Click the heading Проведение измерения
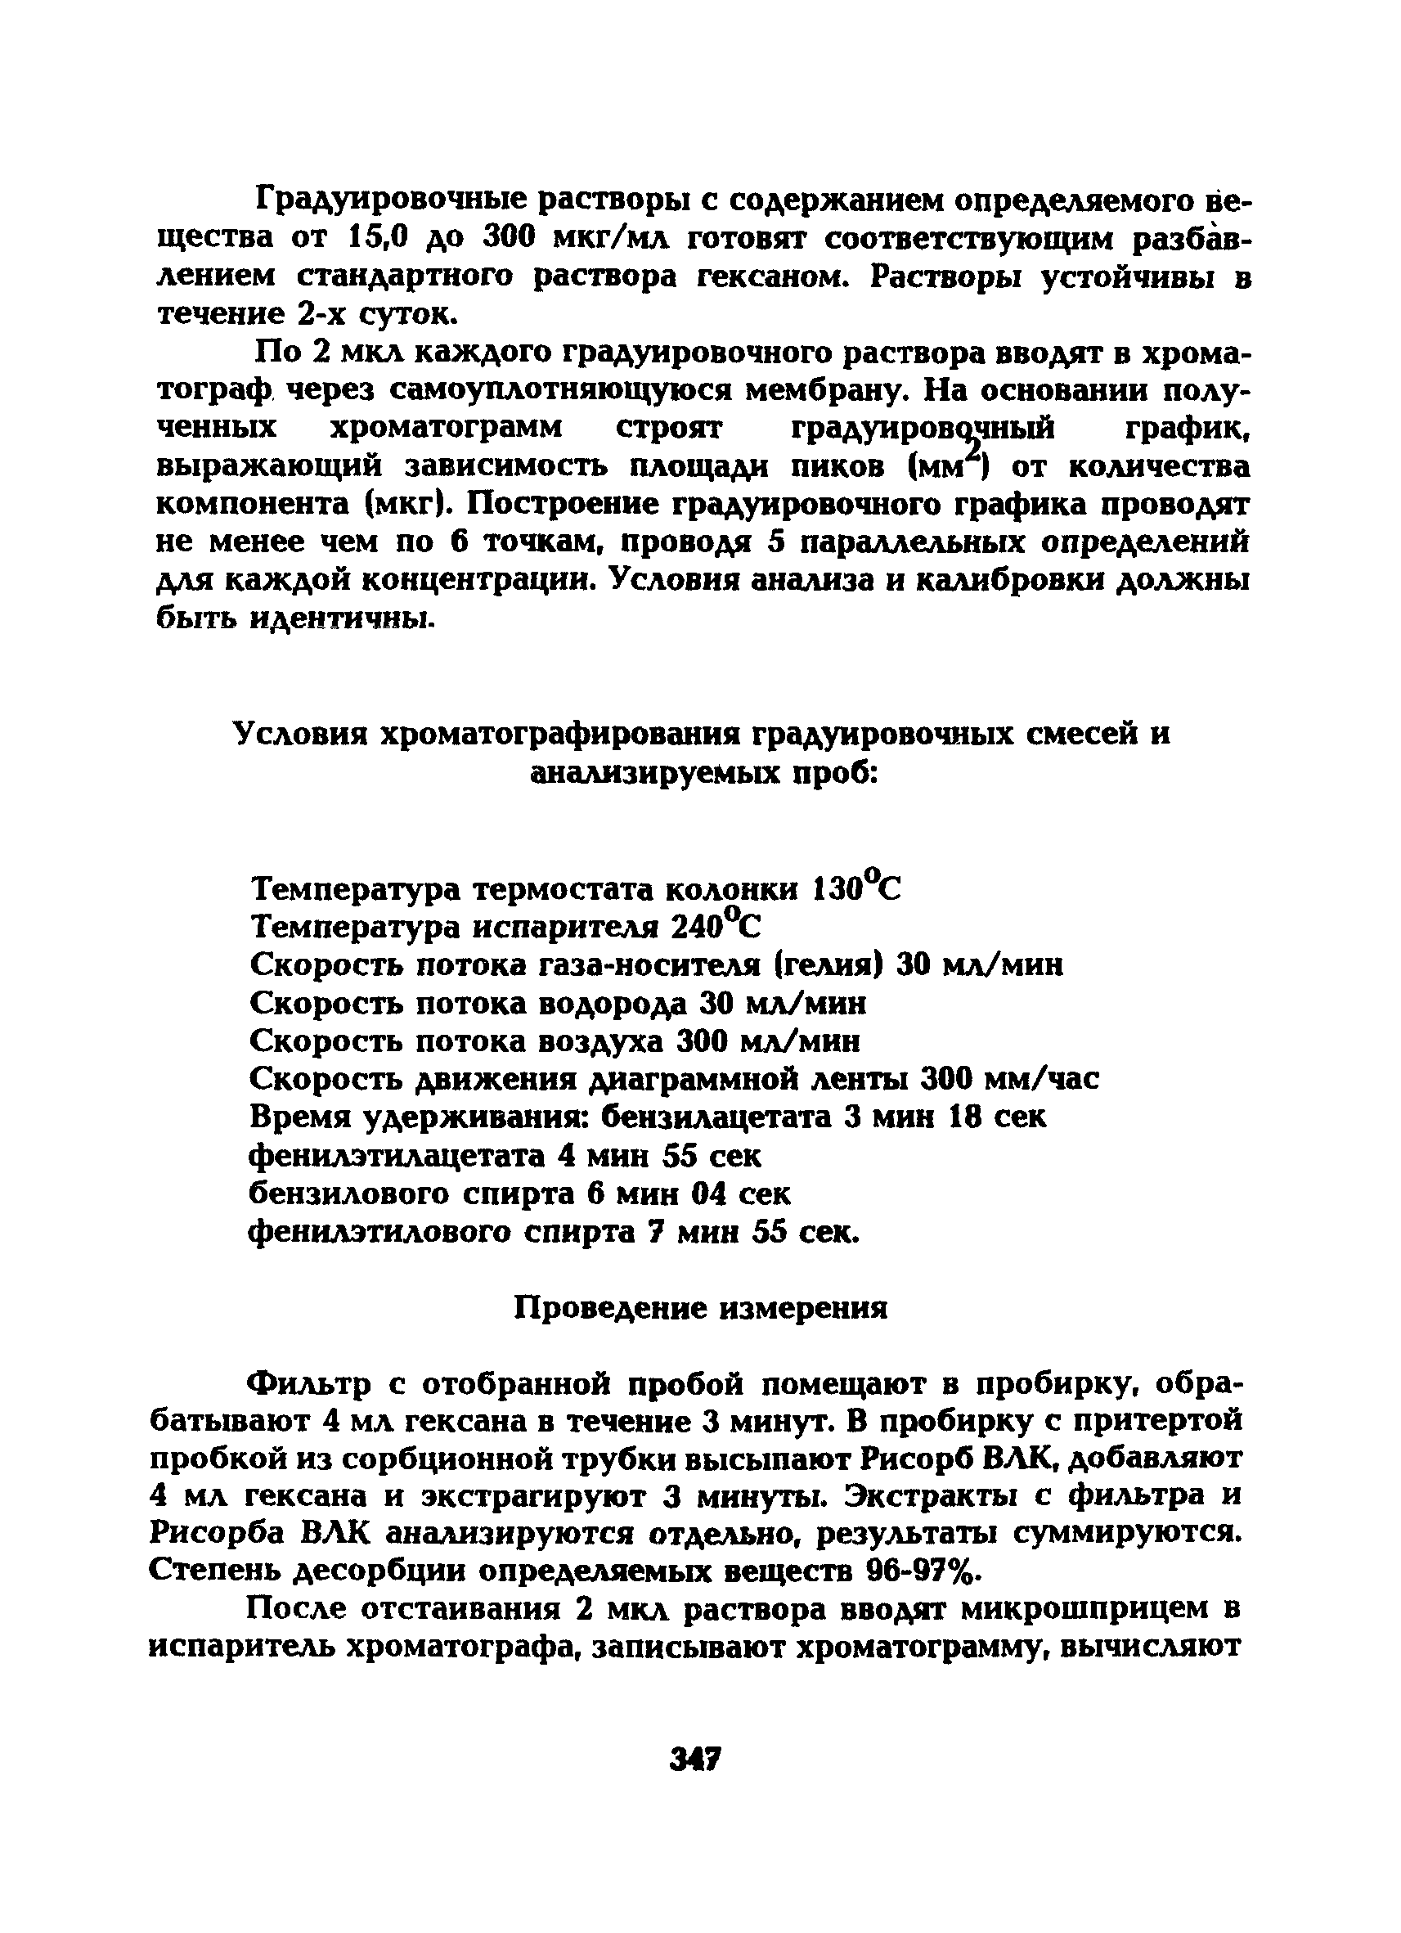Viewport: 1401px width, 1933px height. tap(703, 1308)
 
